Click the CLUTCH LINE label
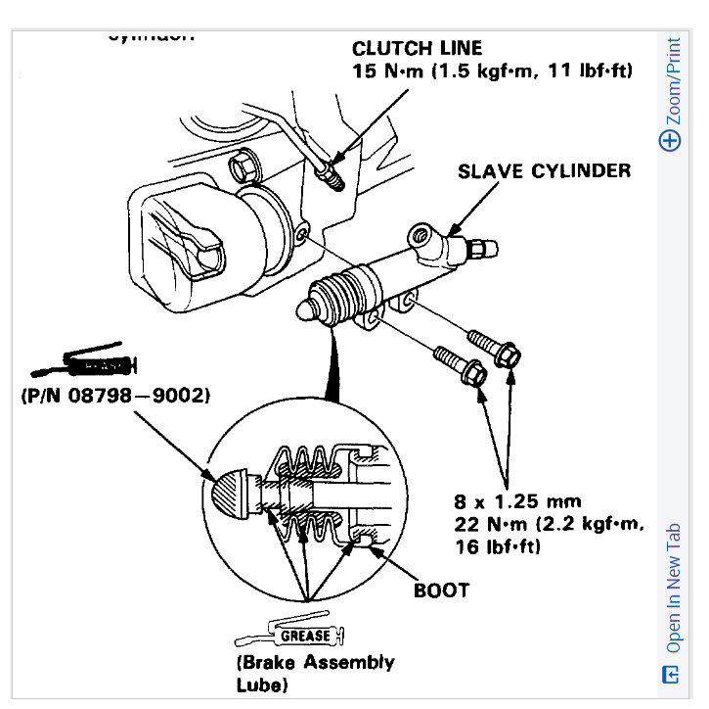click(417, 48)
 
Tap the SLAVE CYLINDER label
click(544, 170)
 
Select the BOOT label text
click(441, 590)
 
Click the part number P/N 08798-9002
click(114, 398)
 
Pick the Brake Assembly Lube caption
click(315, 672)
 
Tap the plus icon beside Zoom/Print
click(670, 140)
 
